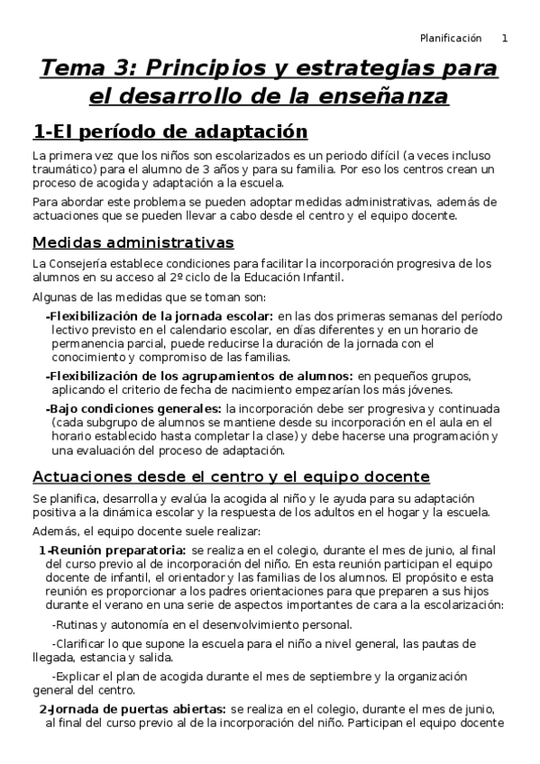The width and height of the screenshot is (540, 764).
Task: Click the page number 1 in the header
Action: (x=505, y=38)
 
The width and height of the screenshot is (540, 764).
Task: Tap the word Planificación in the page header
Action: (x=452, y=38)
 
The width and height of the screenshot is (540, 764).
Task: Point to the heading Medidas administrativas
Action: (x=133, y=242)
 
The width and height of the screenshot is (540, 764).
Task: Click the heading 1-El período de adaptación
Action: (x=164, y=132)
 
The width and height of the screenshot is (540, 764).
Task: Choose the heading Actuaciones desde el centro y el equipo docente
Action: (x=231, y=476)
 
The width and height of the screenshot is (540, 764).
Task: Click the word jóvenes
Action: (x=429, y=389)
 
